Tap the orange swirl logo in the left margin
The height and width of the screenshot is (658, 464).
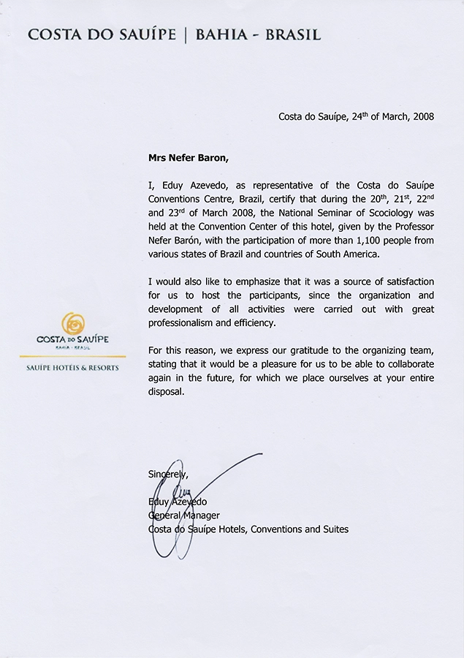tap(72, 323)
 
